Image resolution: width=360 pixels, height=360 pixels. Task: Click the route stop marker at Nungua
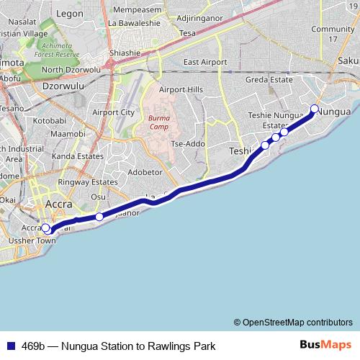(314, 109)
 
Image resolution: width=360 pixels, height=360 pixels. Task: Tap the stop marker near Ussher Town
(45, 228)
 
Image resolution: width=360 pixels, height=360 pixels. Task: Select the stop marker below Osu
(99, 216)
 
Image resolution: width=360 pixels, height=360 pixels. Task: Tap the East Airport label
(201, 62)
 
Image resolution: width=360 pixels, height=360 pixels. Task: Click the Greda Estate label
(269, 80)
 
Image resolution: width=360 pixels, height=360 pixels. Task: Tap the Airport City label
(114, 112)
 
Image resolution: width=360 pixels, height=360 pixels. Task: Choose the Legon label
(70, 14)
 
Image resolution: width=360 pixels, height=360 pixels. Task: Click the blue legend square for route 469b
(11, 346)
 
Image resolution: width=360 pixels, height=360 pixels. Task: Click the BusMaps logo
(325, 345)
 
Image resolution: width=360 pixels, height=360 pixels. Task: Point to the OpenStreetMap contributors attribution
(292, 322)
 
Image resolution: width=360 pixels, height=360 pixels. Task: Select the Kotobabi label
(50, 121)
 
